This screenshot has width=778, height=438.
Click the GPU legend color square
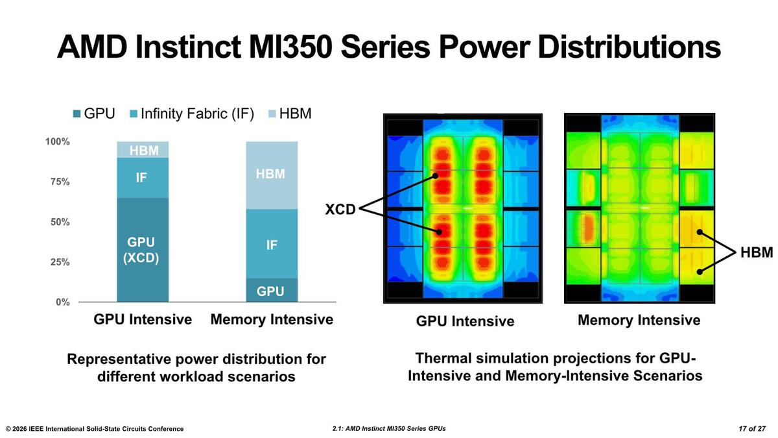[x=77, y=114]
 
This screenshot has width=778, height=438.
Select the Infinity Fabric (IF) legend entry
[x=192, y=114]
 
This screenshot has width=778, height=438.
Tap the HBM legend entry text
[x=295, y=114]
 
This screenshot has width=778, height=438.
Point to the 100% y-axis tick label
[x=57, y=141]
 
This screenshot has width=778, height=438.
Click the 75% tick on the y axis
[x=60, y=182]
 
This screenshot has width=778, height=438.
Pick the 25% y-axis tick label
[x=60, y=262]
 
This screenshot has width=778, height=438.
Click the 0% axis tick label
[x=63, y=302]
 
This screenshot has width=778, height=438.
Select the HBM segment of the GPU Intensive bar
[x=143, y=150]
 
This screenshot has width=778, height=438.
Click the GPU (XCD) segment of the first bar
[x=143, y=250]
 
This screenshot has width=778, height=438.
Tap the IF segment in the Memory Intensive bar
[x=272, y=244]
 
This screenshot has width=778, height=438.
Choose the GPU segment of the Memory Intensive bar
[x=272, y=290]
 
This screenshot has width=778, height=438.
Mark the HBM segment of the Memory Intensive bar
[x=272, y=175]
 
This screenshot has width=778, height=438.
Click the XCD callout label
[x=340, y=209]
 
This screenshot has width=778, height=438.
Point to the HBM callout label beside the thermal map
[x=757, y=252]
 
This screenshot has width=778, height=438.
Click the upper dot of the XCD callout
[x=435, y=176]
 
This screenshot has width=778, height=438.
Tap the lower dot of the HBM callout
[x=700, y=272]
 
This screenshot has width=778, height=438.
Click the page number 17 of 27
[x=752, y=429]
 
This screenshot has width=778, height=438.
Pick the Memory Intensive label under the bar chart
[x=272, y=319]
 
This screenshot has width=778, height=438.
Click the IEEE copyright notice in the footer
[x=95, y=429]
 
